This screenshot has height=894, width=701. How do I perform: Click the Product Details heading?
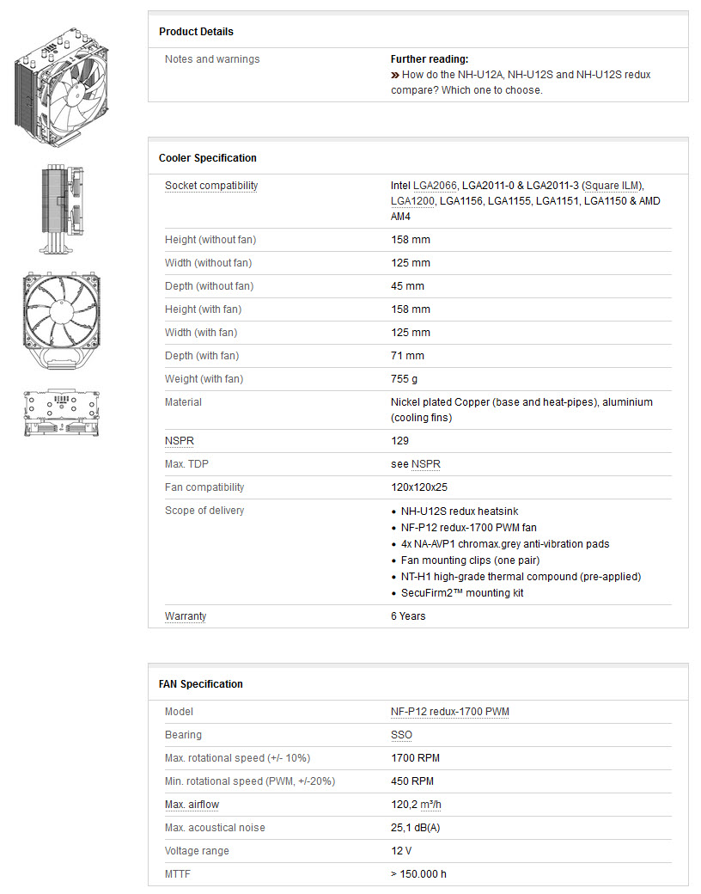[x=196, y=32]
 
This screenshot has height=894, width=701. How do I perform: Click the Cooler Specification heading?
[x=207, y=158]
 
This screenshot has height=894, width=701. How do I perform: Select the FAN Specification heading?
[x=200, y=684]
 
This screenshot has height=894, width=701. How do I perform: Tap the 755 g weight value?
[x=405, y=379]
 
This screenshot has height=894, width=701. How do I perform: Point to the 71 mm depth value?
[x=407, y=356]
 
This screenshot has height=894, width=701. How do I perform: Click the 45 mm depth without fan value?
[x=407, y=286]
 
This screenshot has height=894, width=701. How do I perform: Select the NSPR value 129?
[x=399, y=441]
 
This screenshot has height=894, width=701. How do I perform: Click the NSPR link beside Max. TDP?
[x=425, y=464]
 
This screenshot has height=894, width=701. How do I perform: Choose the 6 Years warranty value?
[x=408, y=616]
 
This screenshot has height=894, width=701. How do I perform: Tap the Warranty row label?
[x=185, y=616]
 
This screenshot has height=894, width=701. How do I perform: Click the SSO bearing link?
[x=401, y=735]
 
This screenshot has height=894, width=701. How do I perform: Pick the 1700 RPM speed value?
[x=415, y=758]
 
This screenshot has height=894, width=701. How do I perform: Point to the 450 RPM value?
[x=412, y=781]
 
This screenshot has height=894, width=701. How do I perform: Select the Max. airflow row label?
[x=192, y=805]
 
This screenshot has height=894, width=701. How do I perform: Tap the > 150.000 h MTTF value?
[x=418, y=874]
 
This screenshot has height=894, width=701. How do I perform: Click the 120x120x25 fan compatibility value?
[x=418, y=487]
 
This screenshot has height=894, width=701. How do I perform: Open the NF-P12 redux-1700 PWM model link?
[x=449, y=712]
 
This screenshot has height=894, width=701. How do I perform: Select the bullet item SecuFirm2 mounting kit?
[x=462, y=593]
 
